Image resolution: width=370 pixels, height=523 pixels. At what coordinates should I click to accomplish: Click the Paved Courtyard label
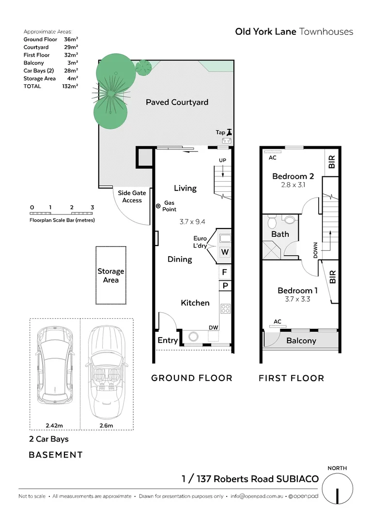[177, 102]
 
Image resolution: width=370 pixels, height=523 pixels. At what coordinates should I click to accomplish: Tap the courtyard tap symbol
[229, 132]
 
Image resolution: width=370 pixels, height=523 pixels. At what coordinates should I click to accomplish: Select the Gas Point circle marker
[158, 206]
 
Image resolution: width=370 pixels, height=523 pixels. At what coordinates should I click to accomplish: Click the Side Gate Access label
[132, 197]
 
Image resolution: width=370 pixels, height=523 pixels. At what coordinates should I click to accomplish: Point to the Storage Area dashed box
[110, 275]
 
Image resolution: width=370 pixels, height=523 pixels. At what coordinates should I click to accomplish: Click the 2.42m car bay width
[55, 426]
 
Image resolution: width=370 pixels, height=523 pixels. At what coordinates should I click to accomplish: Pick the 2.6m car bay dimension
[106, 426]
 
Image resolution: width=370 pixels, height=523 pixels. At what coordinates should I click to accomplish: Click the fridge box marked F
[225, 272]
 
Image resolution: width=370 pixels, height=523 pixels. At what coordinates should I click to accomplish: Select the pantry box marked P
[225, 286]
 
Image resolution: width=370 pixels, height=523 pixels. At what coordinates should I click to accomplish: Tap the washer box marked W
[225, 252]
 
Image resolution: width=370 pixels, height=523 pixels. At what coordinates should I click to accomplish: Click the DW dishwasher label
[213, 328]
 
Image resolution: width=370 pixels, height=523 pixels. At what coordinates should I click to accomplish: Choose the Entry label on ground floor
[168, 340]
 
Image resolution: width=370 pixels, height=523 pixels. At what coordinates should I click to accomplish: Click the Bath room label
[280, 234]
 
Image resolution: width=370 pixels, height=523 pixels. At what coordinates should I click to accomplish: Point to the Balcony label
[301, 340]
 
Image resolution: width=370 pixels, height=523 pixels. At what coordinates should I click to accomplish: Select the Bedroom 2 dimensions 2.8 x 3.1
[293, 185]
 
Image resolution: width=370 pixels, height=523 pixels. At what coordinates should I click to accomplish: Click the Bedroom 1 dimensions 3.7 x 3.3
[297, 299]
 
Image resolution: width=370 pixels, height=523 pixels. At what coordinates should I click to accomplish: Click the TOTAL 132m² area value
[71, 86]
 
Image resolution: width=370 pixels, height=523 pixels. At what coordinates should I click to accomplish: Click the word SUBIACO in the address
[297, 479]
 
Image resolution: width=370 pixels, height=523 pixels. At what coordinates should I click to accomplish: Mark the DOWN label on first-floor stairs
[316, 250]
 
